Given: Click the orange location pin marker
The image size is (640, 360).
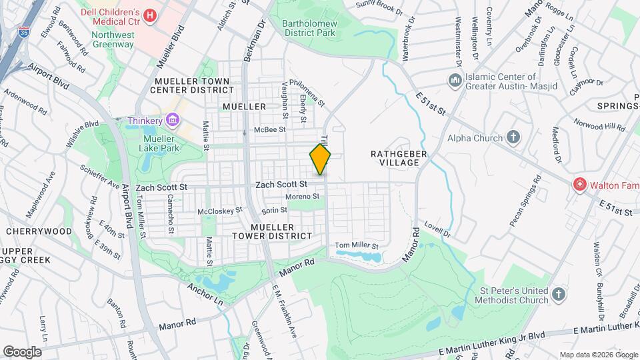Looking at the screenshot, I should tap(320, 159).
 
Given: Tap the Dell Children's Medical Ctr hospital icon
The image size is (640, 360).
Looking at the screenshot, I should tap(150, 15).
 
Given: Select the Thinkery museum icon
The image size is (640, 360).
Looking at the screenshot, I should tap(173, 120).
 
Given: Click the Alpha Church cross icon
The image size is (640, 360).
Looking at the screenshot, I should tap(513, 138).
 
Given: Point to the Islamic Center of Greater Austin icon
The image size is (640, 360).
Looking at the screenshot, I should tap(455, 81).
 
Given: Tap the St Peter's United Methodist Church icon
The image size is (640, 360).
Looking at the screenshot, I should tap(559, 293).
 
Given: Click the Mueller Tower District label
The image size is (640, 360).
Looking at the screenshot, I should tap(272, 230).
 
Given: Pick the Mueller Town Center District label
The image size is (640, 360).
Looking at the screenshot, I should tap(192, 85).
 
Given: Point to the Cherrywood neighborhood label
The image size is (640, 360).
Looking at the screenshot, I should tap(39, 231).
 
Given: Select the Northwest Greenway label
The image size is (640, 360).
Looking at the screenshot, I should tap(109, 39).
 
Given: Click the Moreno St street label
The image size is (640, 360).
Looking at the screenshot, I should tap(303, 196).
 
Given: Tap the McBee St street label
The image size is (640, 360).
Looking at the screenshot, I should tap(269, 130).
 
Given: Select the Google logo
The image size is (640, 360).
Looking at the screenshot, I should tap(23, 351).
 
